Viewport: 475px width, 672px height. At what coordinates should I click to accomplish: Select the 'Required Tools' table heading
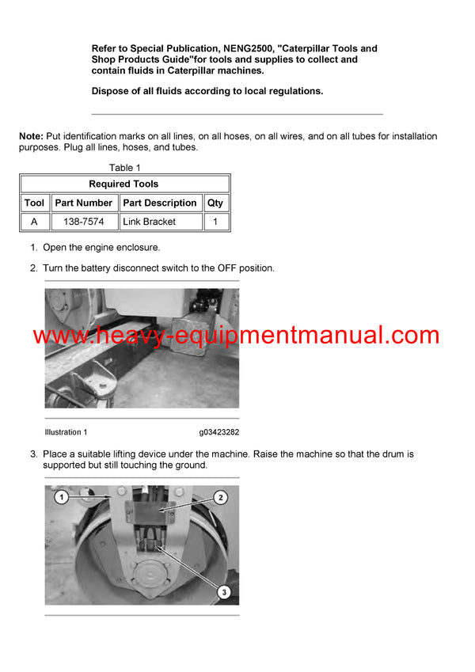123,184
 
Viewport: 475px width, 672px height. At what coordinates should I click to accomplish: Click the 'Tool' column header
34,203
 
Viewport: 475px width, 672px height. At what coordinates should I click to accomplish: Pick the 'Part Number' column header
84,203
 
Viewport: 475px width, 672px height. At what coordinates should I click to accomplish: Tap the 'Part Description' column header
160,203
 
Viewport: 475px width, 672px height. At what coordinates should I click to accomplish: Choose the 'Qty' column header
215,203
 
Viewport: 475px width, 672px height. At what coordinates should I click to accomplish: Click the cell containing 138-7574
84,222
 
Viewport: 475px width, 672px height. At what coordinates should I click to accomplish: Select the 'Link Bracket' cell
150,222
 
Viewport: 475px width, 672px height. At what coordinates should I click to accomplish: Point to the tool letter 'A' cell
34,222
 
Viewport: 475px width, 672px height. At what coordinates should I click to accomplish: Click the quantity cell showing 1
215,222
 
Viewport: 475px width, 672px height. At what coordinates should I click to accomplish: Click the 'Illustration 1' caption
66,432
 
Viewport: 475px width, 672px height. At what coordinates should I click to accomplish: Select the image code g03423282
218,432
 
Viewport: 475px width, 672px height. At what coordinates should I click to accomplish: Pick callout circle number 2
221,497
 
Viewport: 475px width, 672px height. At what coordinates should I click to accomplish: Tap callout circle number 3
224,590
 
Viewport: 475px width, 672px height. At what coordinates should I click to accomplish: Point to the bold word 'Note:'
31,137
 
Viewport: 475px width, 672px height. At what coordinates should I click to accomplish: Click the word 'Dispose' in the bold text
112,91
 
